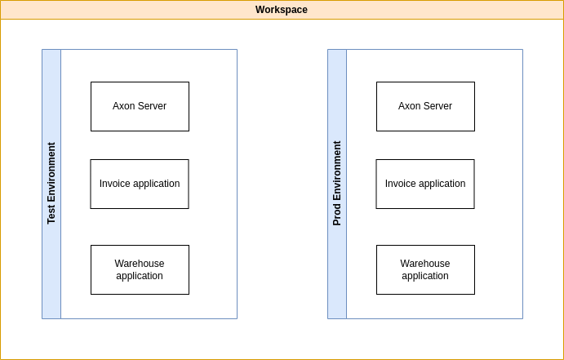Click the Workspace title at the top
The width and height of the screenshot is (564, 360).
pyautogui.click(x=282, y=10)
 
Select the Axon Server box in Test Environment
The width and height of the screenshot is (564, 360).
pyautogui.click(x=140, y=106)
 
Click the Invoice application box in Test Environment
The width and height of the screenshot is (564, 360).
pyautogui.click(x=140, y=184)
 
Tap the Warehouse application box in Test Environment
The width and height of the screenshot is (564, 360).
pyautogui.click(x=140, y=269)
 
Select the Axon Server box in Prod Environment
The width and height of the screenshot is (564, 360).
pyautogui.click(x=425, y=106)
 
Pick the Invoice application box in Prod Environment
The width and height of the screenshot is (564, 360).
pyautogui.click(x=425, y=184)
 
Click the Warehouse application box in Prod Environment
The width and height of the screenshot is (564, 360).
pyautogui.click(x=425, y=269)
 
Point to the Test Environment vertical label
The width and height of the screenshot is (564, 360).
pyautogui.click(x=51, y=184)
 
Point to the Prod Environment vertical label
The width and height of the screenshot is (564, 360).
pyautogui.click(x=337, y=184)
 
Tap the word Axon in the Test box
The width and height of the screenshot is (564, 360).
pyautogui.click(x=124, y=106)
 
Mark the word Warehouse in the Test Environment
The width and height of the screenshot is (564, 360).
pyautogui.click(x=140, y=264)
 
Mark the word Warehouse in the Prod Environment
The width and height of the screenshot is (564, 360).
pyautogui.click(x=425, y=264)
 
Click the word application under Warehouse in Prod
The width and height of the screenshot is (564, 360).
pyautogui.click(x=425, y=276)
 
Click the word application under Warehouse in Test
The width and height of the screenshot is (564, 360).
pyautogui.click(x=140, y=276)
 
